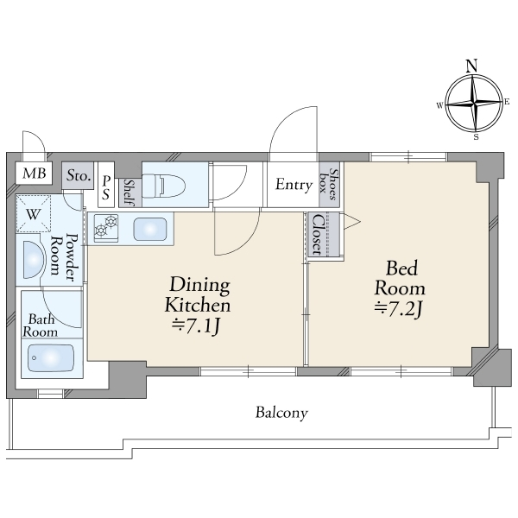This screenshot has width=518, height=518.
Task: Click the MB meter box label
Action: coord(34,174)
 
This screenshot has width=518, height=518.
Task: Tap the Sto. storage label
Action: coord(79,175)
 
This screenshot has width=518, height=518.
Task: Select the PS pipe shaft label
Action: coord(105,187)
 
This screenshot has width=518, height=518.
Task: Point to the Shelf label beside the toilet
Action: coord(129,193)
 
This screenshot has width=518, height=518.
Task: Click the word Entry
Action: coord(294,185)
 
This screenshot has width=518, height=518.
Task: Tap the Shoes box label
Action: coord(329,185)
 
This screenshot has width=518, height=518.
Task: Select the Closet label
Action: coord(318,234)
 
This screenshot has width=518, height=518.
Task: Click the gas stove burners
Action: coord(106,226)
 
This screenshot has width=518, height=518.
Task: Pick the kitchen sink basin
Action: coord(149,229)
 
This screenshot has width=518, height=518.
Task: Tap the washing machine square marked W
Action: coord(34,213)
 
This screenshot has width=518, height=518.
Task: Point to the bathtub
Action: coord(51,358)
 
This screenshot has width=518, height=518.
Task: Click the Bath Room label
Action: coord(40,325)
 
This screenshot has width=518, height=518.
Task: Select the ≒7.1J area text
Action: coord(196,326)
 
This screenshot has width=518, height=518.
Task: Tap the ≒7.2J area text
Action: coord(398,309)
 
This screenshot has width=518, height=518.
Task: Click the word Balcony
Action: coord(281,413)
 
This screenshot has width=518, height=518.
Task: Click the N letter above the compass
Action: coord(471,66)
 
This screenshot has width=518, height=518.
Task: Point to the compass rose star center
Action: coord(474,104)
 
